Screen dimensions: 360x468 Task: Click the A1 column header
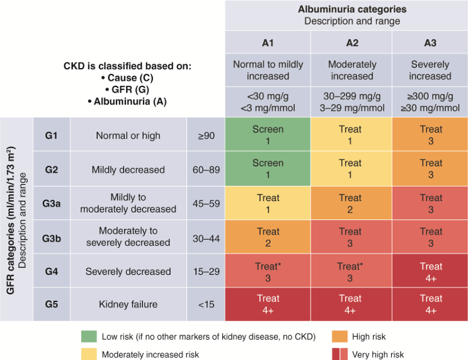[268, 43]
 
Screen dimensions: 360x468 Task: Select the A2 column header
[351, 43]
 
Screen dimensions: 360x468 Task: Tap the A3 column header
[430, 43]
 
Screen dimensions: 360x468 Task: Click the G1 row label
[51, 136]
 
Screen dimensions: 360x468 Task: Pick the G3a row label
[51, 203]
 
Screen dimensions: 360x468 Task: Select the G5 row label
[51, 305]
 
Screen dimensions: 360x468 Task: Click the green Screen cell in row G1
[268, 135]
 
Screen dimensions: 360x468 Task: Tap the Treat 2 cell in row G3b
[268, 237]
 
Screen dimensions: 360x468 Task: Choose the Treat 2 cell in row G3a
[351, 203]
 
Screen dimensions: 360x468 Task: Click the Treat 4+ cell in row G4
[431, 271]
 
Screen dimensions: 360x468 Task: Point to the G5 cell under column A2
[351, 305]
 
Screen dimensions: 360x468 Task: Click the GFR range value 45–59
[205, 203]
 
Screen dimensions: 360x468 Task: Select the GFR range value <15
[205, 305]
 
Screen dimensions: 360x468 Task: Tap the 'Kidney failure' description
[128, 305]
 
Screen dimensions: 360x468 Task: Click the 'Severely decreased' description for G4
[128, 271]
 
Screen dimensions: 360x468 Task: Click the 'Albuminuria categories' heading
[351, 9]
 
